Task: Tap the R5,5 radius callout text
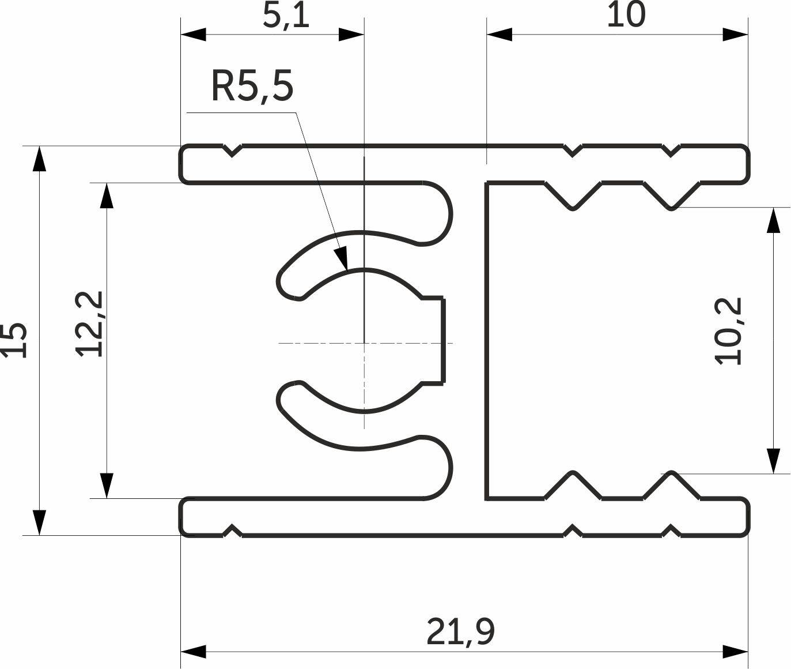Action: point(252,86)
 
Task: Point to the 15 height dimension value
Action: point(14,340)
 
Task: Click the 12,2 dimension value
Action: point(89,324)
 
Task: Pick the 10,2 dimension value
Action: point(728,331)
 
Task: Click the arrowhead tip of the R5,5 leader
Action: point(347,270)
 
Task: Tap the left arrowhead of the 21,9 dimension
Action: point(181,652)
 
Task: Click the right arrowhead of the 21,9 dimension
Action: point(748,652)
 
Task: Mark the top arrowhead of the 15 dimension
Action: point(39,146)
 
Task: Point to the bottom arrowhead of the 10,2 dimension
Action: point(773,473)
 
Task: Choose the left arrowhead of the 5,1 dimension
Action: point(181,35)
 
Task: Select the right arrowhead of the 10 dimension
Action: point(748,35)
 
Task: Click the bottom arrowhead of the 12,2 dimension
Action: point(107,498)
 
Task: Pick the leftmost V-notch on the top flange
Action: point(232,151)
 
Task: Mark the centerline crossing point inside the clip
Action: point(364,343)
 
